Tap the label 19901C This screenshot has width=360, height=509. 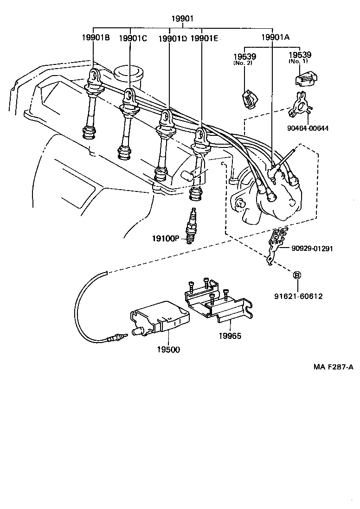(133, 38)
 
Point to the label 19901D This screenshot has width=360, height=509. (173, 38)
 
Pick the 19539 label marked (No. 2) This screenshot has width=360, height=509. (244, 57)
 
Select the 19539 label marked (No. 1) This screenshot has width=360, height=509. (300, 55)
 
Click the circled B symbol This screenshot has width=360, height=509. (297, 275)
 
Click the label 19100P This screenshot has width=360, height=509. (165, 238)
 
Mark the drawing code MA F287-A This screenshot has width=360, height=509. (332, 368)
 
